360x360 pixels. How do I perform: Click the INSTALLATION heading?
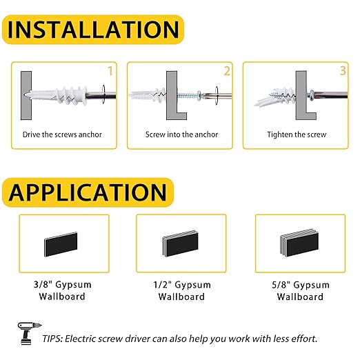(x=93, y=30)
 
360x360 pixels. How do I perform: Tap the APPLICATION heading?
(x=88, y=192)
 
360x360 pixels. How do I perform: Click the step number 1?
(x=110, y=71)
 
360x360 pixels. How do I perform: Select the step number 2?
(x=227, y=71)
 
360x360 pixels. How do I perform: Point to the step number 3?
(x=343, y=71)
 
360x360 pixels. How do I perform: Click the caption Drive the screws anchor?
(x=62, y=134)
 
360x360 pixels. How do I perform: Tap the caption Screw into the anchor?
(x=181, y=134)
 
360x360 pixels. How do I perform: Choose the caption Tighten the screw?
(x=297, y=134)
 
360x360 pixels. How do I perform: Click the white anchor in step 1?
(x=57, y=95)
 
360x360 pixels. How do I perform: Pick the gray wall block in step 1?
(x=26, y=95)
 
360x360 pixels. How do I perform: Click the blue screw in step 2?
(x=188, y=95)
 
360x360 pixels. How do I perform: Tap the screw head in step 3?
(x=311, y=94)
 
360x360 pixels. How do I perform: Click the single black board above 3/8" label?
(x=61, y=244)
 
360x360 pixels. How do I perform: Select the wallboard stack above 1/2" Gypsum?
(x=181, y=243)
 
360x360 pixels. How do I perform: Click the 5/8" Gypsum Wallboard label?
(x=300, y=291)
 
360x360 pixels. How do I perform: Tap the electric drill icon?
(x=29, y=333)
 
